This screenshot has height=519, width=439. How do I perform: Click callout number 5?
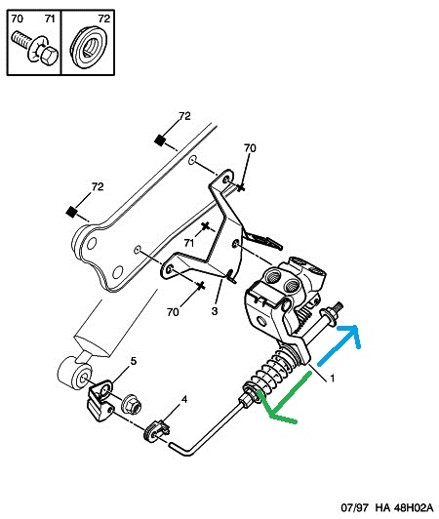134,362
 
